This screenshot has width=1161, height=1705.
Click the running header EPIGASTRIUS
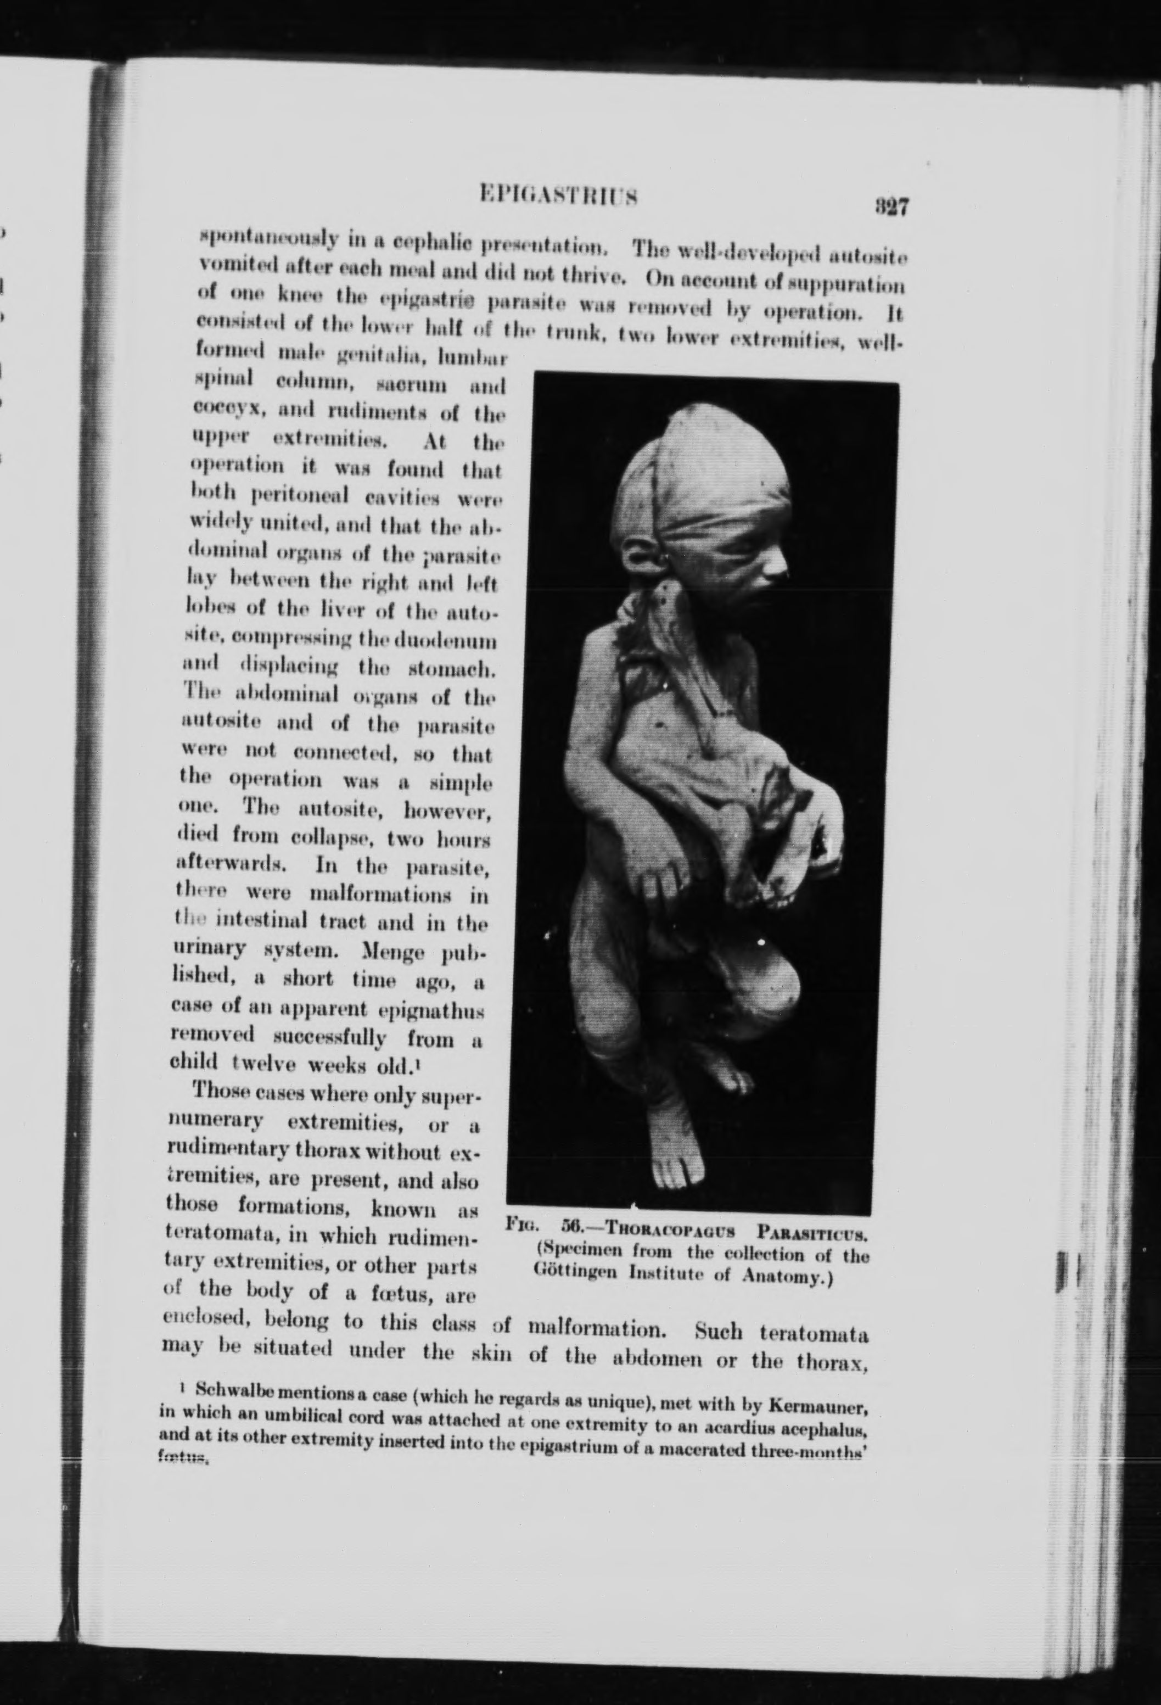[x=557, y=196]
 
